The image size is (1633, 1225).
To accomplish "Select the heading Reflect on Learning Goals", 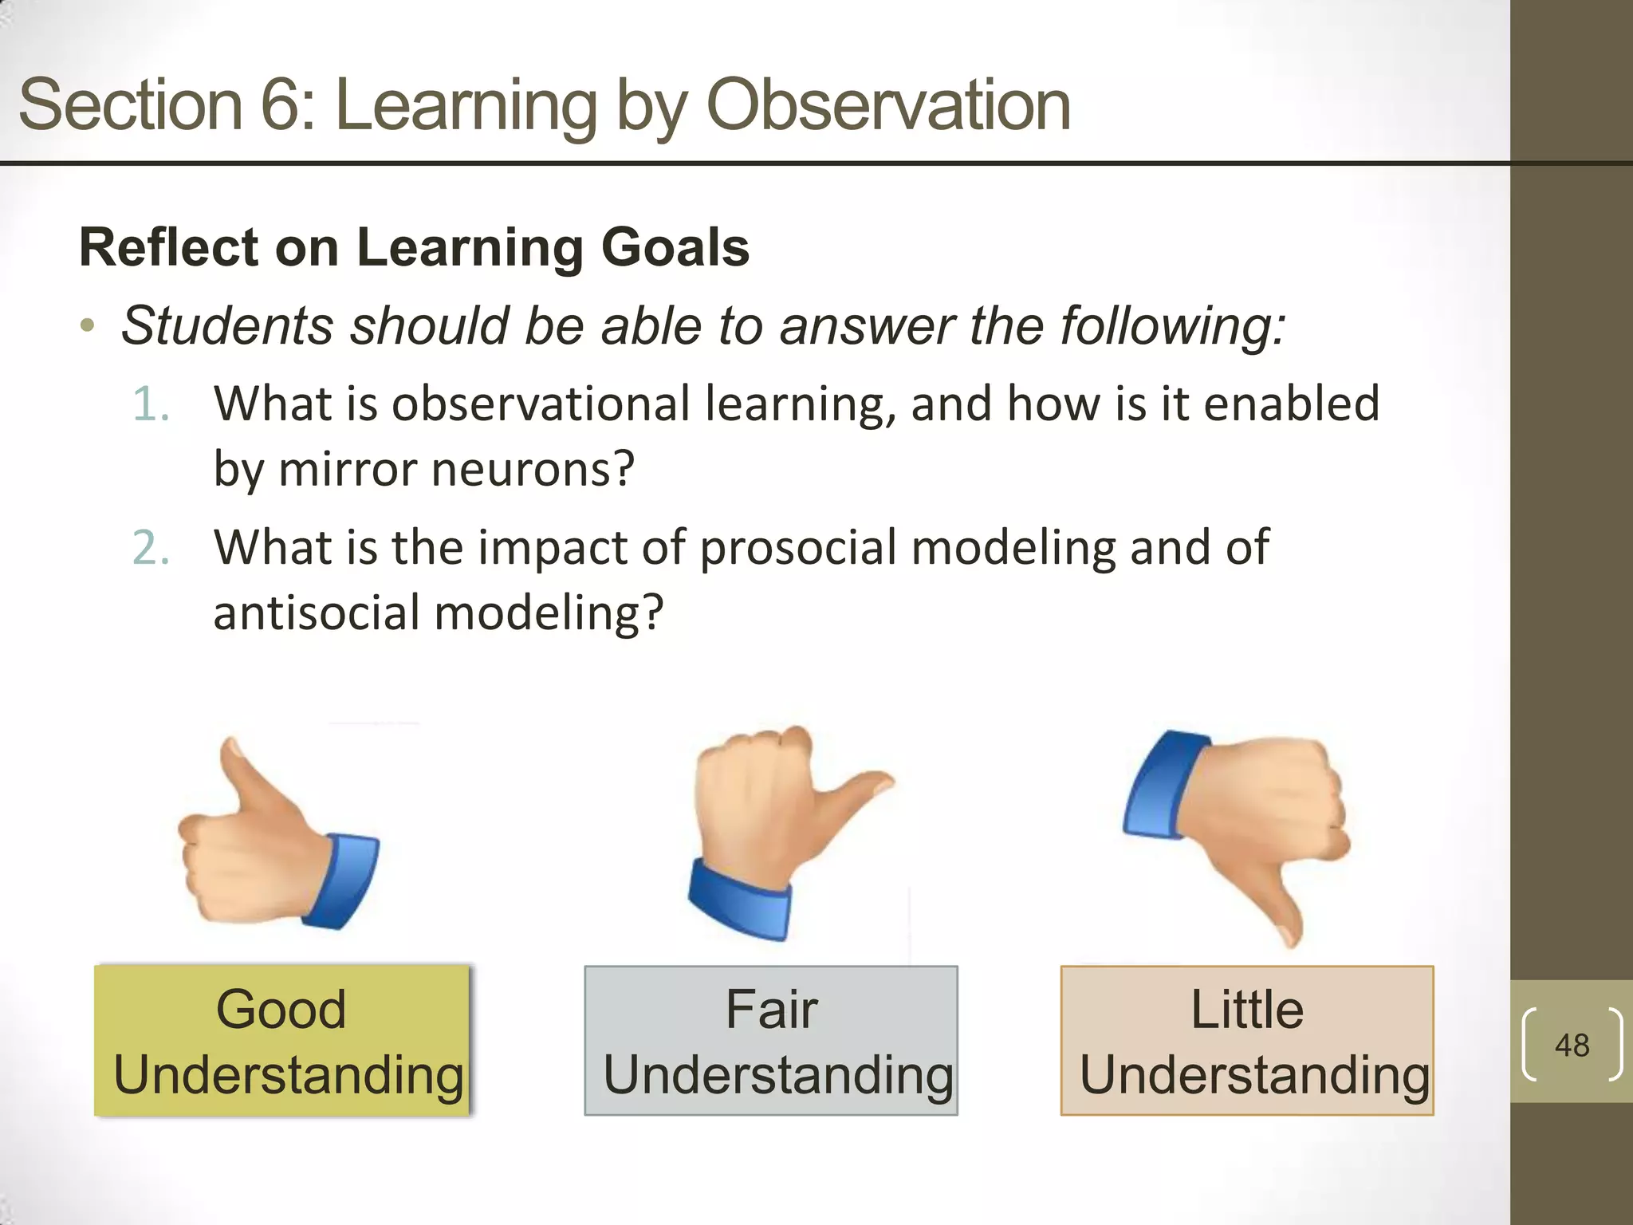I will (414, 247).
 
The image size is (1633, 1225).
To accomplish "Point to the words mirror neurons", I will (455, 469).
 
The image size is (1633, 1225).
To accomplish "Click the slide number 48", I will (1572, 1045).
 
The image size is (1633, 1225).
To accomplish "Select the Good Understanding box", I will (282, 1040).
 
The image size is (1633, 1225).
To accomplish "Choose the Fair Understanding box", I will (770, 1040).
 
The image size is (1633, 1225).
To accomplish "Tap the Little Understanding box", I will (1247, 1040).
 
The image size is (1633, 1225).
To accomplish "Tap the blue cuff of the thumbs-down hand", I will (1156, 786).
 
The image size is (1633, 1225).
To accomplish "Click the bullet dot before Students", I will (88, 326).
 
